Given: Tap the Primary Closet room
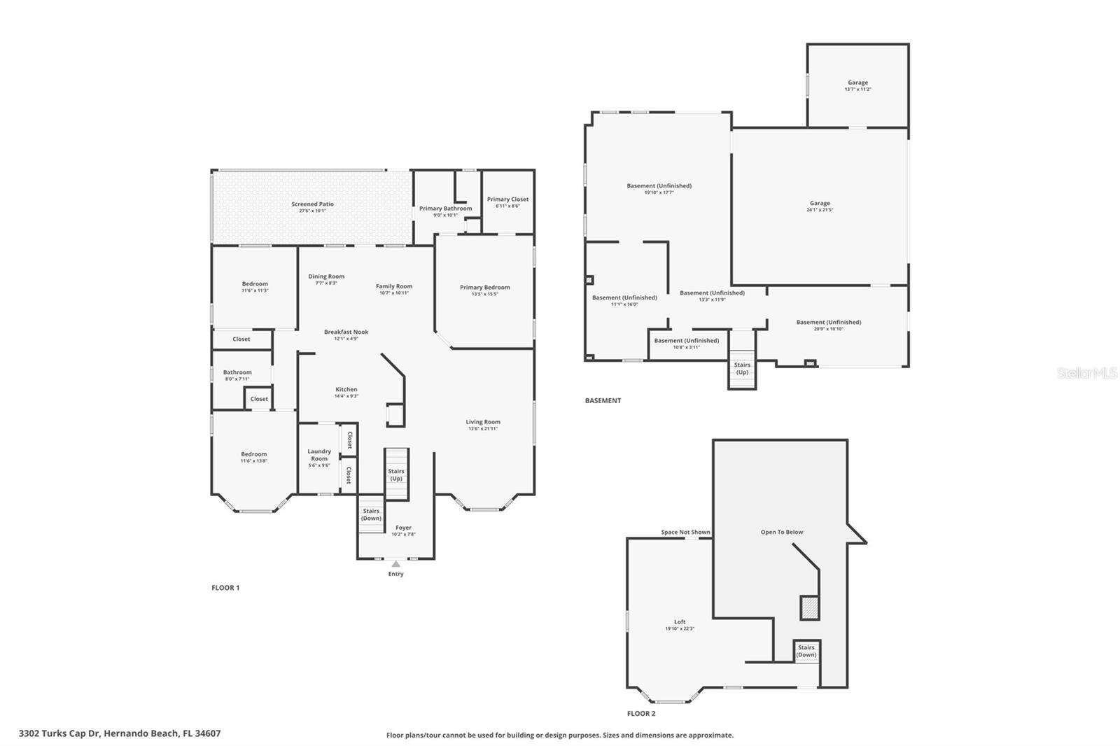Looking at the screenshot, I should pyautogui.click(x=507, y=202).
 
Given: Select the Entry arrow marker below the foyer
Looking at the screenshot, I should pyautogui.click(x=396, y=563).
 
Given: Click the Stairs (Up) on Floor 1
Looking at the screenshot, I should pyautogui.click(x=396, y=474).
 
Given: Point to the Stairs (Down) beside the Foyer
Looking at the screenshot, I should pyautogui.click(x=371, y=515).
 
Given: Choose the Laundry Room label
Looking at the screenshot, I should pyautogui.click(x=319, y=455).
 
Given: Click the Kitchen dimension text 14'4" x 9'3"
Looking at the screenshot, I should pyautogui.click(x=346, y=397).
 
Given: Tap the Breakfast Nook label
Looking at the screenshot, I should pyautogui.click(x=346, y=332).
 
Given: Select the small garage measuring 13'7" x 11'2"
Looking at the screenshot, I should pyautogui.click(x=857, y=85).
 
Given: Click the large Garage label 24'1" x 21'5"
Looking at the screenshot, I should pyautogui.click(x=820, y=204).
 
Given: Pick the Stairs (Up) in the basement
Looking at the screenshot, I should pyautogui.click(x=742, y=368).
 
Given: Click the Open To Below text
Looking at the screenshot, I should pyautogui.click(x=782, y=532).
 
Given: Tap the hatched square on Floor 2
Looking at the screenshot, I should pyautogui.click(x=810, y=607).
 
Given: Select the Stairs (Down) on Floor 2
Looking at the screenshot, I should pyautogui.click(x=806, y=651).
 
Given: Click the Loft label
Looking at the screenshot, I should pyautogui.click(x=680, y=621).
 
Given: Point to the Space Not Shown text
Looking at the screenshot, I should pyautogui.click(x=685, y=532).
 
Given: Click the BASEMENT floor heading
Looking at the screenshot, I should pyautogui.click(x=603, y=401).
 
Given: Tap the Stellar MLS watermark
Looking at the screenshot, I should pyautogui.click(x=1086, y=373).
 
